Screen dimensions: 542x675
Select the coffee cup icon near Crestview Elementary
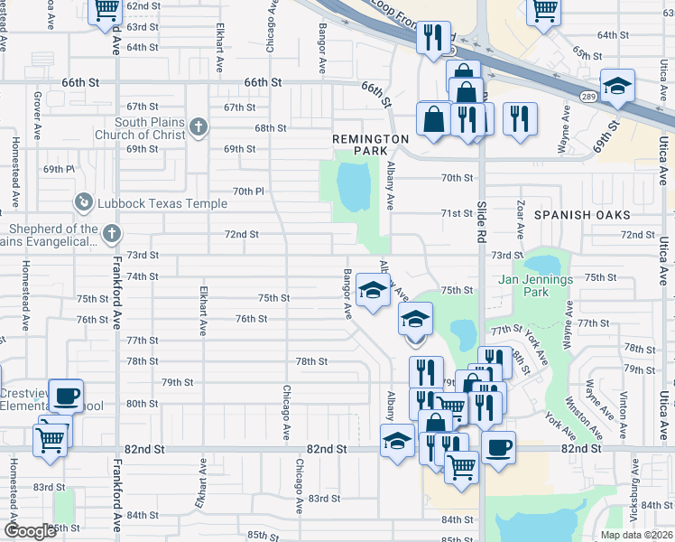click(x=66, y=396)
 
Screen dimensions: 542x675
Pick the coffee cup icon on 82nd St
click(x=498, y=446)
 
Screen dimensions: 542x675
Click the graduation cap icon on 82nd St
click(x=396, y=442)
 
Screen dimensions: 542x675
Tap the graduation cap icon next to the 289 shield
click(x=616, y=86)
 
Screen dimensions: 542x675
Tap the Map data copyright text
click(x=637, y=535)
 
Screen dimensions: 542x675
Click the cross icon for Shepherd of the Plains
click(x=111, y=235)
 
